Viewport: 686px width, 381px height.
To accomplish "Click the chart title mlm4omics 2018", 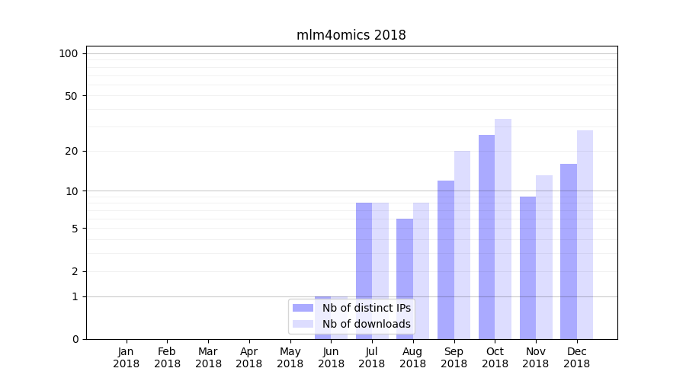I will pos(351,35).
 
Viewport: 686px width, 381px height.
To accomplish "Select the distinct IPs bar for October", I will pos(486,236).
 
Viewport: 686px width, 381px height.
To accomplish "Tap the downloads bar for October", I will pos(503,229).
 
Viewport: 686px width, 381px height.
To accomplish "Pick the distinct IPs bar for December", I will pos(569,251).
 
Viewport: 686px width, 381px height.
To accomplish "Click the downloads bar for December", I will pos(585,235).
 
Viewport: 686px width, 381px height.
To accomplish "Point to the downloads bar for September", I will pos(462,244).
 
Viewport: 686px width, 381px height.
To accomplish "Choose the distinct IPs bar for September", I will pos(446,259).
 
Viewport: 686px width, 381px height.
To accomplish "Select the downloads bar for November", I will pos(544,257).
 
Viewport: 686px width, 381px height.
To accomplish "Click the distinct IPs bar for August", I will pos(405,278).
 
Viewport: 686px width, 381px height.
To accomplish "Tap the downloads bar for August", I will pos(421,271).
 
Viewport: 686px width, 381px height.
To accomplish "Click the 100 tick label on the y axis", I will pos(69,53).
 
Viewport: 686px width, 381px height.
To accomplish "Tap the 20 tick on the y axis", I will pos(71,151).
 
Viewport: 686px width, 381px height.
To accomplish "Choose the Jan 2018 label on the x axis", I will pos(127,357).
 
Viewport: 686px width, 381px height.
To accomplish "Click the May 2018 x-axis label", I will pos(290,357).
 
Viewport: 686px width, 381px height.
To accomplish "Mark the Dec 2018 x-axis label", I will pos(576,357).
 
